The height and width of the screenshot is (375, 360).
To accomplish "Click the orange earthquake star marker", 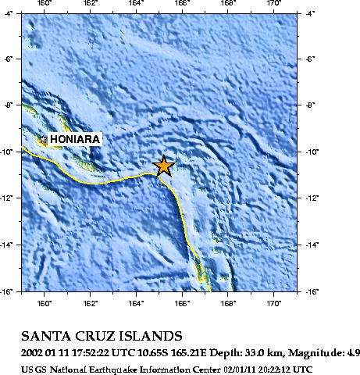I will [x=163, y=166].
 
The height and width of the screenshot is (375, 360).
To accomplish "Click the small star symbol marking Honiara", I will [x=43, y=140].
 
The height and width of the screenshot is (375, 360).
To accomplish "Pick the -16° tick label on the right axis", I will [x=312, y=291].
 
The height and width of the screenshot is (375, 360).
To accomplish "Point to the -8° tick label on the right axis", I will [x=312, y=105].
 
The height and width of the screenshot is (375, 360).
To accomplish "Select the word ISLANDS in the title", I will [x=153, y=337].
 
